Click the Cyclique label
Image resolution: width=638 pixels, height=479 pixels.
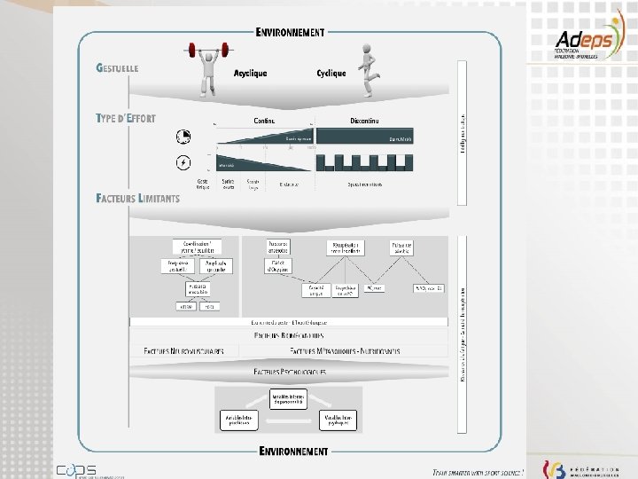click(331, 74)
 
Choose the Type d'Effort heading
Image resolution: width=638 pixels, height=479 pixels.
click(126, 118)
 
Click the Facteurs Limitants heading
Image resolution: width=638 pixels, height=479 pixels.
click(137, 198)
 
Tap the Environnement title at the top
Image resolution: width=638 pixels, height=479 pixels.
click(290, 33)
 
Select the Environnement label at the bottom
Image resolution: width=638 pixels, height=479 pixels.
click(293, 451)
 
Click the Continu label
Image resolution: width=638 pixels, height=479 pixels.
click(263, 121)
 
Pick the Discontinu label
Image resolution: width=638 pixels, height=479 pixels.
click(365, 121)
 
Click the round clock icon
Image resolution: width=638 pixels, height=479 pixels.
click(183, 137)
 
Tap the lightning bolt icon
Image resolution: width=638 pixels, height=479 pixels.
click(183, 163)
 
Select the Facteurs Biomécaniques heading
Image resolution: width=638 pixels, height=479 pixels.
click(289, 335)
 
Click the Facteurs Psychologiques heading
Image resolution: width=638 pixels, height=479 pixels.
click(289, 372)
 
